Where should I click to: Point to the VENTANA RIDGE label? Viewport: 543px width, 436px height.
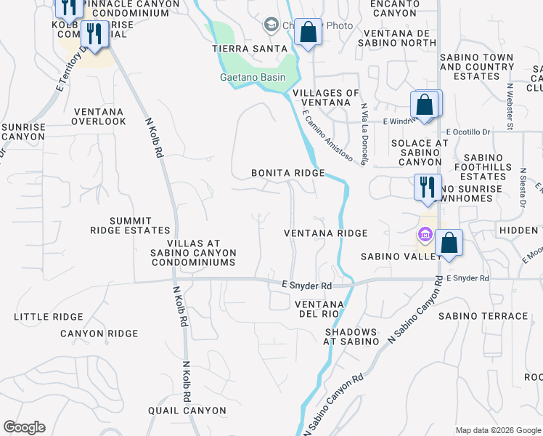[x=325, y=233]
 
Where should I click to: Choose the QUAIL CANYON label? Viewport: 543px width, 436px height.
[x=187, y=411]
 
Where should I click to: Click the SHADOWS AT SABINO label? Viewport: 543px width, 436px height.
[x=351, y=336]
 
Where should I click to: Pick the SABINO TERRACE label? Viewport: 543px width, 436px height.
[x=483, y=316]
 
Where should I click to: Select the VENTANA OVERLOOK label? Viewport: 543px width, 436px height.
[x=99, y=116]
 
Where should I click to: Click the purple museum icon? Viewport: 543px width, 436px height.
[x=425, y=235]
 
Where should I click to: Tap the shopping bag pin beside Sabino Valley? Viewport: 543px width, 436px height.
[x=449, y=243]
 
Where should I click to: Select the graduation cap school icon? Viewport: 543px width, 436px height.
[x=271, y=26]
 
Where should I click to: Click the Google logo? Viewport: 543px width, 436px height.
[x=24, y=427]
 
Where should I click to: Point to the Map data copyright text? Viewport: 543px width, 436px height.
[x=498, y=429]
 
